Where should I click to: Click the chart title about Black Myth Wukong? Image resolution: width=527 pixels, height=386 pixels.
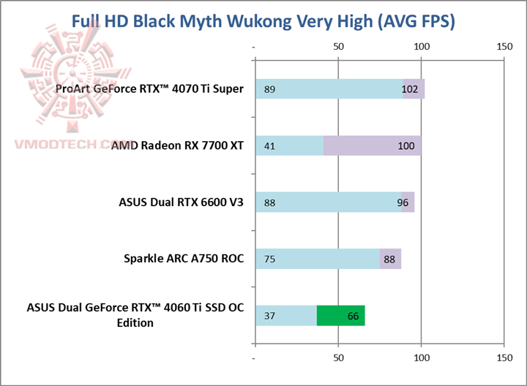point(263,21)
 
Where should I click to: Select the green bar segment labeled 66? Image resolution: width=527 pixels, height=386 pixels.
point(340,315)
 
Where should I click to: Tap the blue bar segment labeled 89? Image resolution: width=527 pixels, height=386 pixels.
point(329,89)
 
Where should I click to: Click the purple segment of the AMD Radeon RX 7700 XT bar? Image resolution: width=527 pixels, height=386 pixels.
point(372,145)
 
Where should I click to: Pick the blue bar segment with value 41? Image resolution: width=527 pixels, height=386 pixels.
point(289,145)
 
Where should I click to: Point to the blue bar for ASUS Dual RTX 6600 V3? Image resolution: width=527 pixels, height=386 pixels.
point(328,202)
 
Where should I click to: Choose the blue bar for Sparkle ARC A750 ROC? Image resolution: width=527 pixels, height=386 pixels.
point(318,258)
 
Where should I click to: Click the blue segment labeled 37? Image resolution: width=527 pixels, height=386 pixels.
point(286,315)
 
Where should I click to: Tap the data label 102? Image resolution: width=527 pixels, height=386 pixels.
point(411,89)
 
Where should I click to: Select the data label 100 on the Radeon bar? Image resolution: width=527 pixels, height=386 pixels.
point(407,145)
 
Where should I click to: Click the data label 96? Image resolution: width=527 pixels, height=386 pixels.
point(403,203)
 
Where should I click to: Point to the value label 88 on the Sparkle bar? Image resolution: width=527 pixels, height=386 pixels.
point(389,259)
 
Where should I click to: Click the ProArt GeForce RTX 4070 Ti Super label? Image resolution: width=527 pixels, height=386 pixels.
point(149,89)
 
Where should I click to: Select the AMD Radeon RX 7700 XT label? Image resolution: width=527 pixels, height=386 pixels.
point(177,145)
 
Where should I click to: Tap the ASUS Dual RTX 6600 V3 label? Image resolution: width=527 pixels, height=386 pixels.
point(181,202)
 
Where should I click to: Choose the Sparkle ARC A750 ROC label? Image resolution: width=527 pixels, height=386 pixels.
point(184,258)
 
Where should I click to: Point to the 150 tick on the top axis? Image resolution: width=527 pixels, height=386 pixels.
point(504,46)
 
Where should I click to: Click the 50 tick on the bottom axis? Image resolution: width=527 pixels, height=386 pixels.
point(338,358)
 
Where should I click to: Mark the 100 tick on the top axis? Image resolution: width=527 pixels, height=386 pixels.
point(421,46)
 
